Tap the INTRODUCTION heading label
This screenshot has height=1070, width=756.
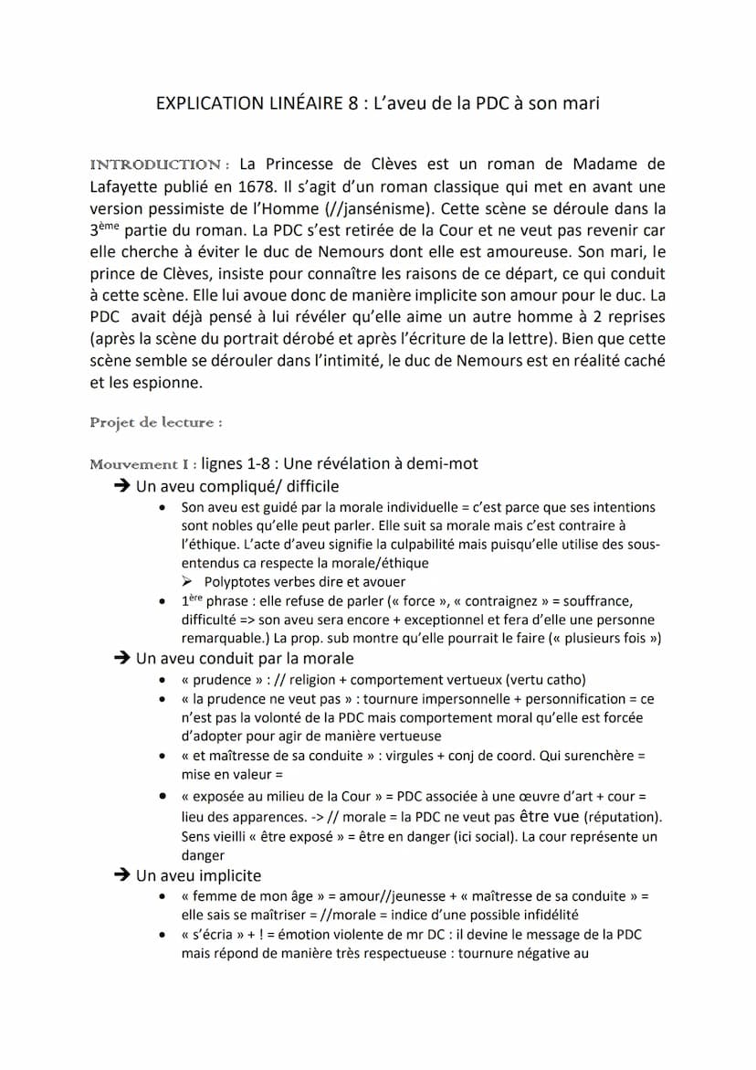pos(154,165)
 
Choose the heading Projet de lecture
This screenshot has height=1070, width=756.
pos(155,422)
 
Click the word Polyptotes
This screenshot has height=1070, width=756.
pos(239,582)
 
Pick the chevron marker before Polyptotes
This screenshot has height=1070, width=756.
pos(187,582)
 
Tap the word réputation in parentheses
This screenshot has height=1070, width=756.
pos(623,817)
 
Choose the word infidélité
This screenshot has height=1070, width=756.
pos(539,915)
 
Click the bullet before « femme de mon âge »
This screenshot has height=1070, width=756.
pos(163,896)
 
